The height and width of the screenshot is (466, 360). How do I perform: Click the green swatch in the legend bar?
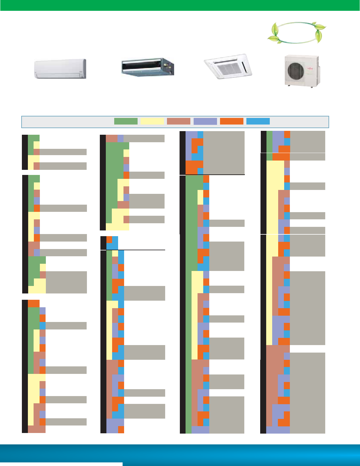click(x=126, y=121)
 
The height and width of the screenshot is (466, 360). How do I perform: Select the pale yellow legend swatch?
click(x=152, y=121)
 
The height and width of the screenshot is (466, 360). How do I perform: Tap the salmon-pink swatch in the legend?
click(x=179, y=121)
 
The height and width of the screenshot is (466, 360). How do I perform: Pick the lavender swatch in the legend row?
click(x=205, y=121)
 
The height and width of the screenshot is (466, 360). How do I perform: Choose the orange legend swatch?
click(x=232, y=121)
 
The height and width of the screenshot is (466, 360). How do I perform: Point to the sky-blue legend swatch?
click(x=258, y=121)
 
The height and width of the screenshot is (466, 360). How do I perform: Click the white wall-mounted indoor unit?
click(x=60, y=69)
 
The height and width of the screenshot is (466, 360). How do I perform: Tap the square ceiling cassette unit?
click(x=228, y=66)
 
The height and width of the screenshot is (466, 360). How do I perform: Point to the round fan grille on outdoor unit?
click(x=296, y=70)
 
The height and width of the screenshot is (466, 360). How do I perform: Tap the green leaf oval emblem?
click(x=296, y=32)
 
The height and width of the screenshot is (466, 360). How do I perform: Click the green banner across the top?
click(x=180, y=5)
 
